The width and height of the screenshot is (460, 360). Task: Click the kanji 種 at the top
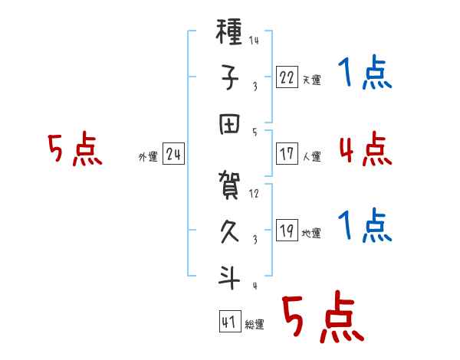click(228, 31)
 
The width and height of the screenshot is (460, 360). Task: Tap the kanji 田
click(229, 124)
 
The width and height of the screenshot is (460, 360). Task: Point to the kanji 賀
click(229, 185)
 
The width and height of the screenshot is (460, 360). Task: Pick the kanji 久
click(229, 231)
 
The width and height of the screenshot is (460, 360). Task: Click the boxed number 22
click(287, 77)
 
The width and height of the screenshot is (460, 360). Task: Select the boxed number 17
click(287, 154)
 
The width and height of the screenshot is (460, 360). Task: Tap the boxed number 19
click(287, 231)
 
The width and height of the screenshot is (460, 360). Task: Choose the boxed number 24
click(173, 154)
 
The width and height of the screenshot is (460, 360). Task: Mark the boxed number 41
click(230, 322)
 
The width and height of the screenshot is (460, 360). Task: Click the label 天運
click(311, 80)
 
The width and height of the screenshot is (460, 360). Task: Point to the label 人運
click(311, 156)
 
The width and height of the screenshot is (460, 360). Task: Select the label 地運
click(311, 234)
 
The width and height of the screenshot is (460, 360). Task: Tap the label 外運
click(148, 156)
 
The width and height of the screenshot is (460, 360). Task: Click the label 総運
click(255, 324)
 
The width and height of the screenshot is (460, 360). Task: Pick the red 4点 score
click(366, 149)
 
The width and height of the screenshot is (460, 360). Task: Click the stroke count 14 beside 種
click(254, 40)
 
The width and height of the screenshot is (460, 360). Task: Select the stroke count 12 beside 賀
click(254, 194)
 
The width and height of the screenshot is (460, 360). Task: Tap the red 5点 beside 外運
click(75, 149)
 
